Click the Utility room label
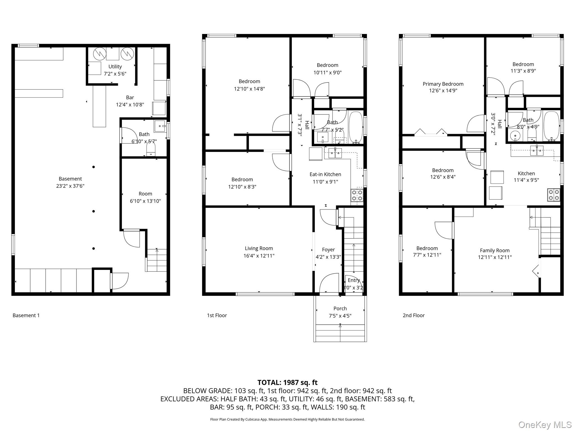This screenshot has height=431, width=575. tap(115, 67)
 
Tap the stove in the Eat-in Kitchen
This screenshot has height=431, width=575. tap(357, 195)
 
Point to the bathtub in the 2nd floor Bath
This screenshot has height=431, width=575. tap(551, 126)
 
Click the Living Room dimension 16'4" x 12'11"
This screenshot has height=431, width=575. tap(259, 256)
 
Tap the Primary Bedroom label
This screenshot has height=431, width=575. tap(443, 84)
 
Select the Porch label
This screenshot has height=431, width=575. tap(340, 308)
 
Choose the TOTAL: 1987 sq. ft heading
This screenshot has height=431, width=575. tap(287, 382)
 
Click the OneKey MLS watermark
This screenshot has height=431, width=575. tap(545, 425)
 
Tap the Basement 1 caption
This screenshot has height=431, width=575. tap(26, 315)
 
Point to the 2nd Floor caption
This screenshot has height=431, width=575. tap(414, 315)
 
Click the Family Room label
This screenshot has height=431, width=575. tap(495, 251)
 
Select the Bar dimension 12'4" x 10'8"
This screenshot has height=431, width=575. tap(130, 105)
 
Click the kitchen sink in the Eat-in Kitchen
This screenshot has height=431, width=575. tap(335, 152)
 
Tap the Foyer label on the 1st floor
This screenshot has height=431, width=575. tap(328, 249)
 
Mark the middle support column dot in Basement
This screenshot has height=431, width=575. tap(93, 211)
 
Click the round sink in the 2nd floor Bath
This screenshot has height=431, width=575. tap(515, 136)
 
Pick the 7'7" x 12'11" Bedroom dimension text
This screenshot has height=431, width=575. tap(427, 255)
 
